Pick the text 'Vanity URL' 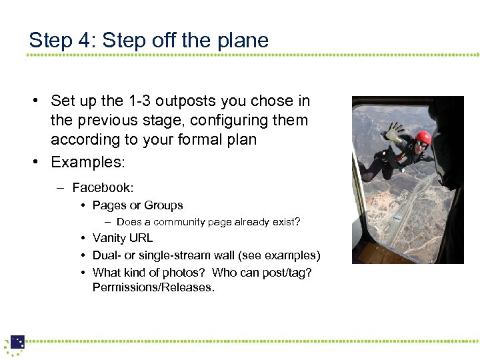point(123,238)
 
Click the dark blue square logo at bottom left point(17,341)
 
